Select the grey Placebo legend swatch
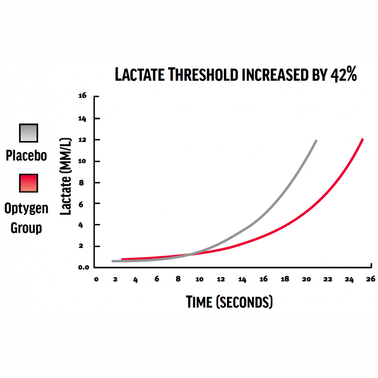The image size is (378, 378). coord(28,133)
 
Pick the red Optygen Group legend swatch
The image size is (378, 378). coord(28,183)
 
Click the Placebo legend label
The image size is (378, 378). coord(26,155)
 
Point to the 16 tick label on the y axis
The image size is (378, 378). coord(83,96)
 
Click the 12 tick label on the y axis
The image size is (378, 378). coord(83,140)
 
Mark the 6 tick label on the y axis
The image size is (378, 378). coord(84,204)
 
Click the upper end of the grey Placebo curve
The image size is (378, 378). coord(316,141)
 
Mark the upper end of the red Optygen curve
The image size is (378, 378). coord(362,139)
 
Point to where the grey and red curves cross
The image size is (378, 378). coord(190,255)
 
